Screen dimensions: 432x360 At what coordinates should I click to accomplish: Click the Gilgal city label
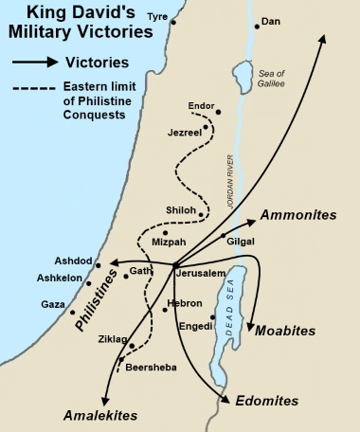tap(241, 242)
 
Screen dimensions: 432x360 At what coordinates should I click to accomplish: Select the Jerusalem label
tap(200, 273)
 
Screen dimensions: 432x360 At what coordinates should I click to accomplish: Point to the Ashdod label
tap(73, 261)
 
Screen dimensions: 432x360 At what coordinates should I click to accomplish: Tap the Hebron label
tap(182, 303)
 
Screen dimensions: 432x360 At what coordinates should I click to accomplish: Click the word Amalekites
tap(100, 416)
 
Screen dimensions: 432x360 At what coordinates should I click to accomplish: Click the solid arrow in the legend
tap(35, 64)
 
